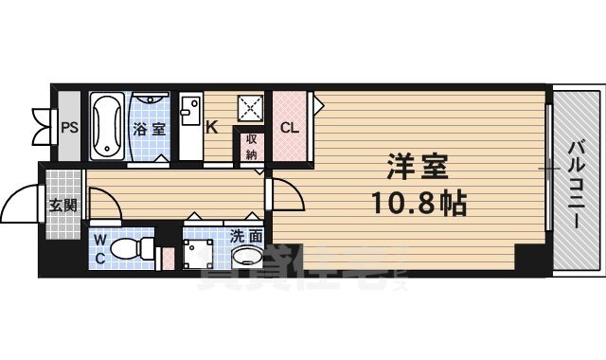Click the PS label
tap(68, 127)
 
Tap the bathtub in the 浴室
tap(107, 126)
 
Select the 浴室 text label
tap(148, 129)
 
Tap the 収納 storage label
tap(252, 147)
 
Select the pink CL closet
tap(291, 127)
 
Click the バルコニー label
tap(576, 186)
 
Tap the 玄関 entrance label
tap(64, 205)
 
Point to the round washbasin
tap(248, 258)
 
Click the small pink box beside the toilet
tap(168, 258)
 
